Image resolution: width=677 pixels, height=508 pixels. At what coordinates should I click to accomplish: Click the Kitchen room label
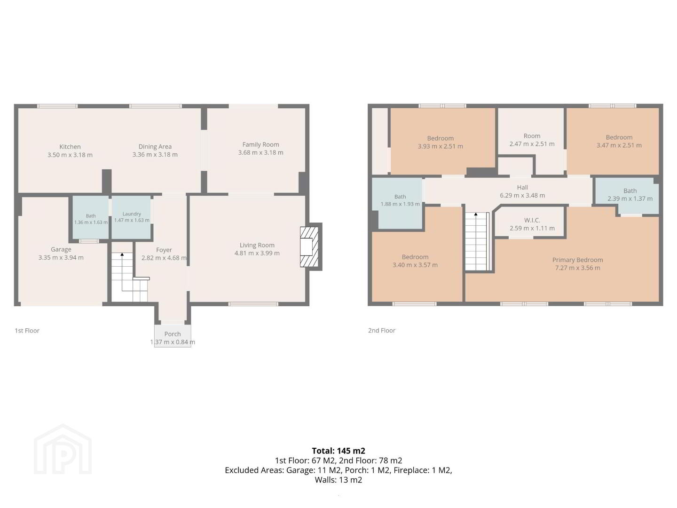pos(70,147)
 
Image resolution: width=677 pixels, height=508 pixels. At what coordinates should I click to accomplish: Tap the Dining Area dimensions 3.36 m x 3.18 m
pos(155,155)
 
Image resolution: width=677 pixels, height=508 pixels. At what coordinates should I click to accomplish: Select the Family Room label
pos(260,144)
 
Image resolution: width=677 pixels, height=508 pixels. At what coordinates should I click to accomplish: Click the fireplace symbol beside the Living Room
pos(309,247)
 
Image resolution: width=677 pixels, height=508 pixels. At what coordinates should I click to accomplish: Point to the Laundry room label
pos(132,214)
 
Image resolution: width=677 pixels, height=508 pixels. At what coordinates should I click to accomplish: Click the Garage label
pos(61,249)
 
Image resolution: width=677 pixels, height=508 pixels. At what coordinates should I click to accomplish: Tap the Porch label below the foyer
pos(173,334)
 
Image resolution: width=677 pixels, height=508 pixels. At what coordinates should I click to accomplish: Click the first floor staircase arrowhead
pos(122,254)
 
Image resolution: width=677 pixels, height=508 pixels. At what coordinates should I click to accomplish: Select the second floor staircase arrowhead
pos(476,214)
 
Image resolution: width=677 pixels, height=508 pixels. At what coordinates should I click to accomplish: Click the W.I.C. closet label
pos(532,220)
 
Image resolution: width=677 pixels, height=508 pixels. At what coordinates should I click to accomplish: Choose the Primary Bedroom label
pos(577,260)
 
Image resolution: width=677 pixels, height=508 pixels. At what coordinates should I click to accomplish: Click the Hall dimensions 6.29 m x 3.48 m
pos(522,195)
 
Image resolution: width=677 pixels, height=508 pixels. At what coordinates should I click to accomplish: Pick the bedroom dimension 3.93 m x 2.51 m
pos(440,146)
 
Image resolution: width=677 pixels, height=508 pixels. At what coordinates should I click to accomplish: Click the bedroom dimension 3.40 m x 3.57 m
pos(415,265)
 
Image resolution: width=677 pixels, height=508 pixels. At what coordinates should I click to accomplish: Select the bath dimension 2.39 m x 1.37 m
pos(630,198)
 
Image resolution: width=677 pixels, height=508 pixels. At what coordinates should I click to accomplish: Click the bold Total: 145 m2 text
pos(338,451)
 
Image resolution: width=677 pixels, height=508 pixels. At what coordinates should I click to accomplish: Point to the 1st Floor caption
pos(27,331)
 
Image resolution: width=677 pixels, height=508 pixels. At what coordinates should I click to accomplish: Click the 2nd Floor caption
pos(382,331)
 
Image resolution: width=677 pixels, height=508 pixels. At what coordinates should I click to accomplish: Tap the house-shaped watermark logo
pos(63,450)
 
